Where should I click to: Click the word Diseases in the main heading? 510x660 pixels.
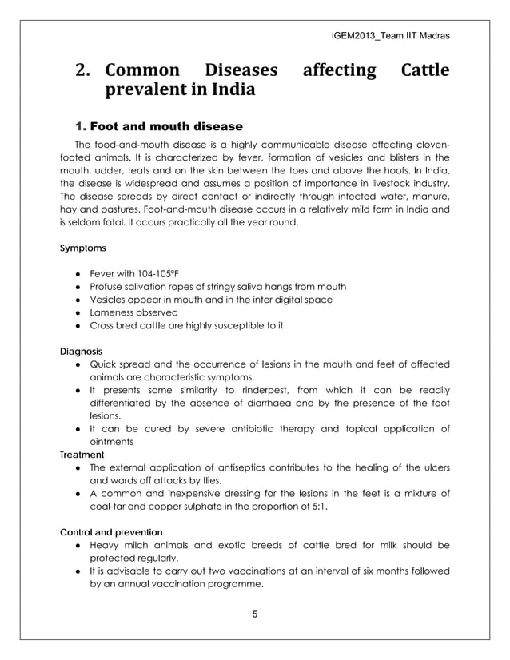coord(241,71)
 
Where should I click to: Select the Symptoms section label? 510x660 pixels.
coord(82,248)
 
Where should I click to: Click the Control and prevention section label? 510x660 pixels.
coord(112,531)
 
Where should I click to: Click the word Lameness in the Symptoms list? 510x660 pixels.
coord(114,312)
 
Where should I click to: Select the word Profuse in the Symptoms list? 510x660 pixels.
coord(108,286)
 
